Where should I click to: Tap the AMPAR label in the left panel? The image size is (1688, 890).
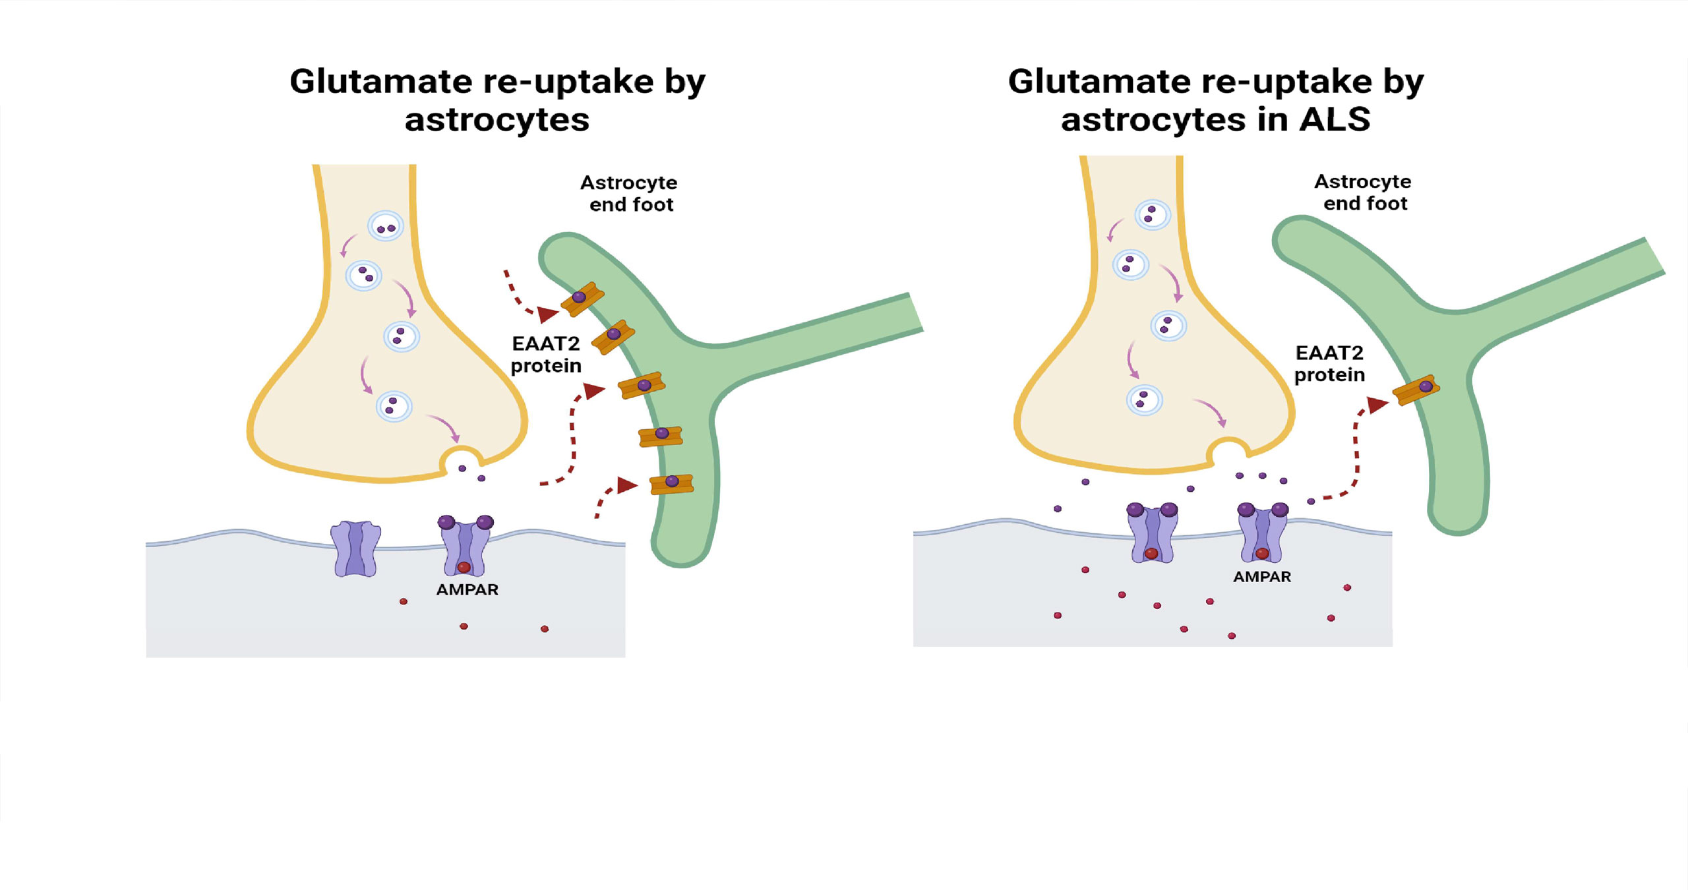coord(467,589)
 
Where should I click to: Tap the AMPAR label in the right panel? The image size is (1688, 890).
coord(1261,577)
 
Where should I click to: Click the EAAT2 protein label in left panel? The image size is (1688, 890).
coord(546,354)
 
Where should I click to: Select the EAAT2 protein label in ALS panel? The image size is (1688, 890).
coord(1329,363)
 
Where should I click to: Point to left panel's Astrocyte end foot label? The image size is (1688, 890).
coord(630,193)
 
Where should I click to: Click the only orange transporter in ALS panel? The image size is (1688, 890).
coord(1416,390)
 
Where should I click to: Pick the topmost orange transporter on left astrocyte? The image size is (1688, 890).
coord(582,299)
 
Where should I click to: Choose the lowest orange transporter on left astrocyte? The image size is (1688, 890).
coord(671,484)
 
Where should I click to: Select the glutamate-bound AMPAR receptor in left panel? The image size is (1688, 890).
coord(466,546)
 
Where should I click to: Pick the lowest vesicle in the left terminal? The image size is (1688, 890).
coord(394,405)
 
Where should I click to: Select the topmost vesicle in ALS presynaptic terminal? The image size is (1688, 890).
coord(1152,214)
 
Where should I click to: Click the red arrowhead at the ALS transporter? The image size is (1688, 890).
coord(1377,404)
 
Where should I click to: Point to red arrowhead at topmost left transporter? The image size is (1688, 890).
coord(547,314)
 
